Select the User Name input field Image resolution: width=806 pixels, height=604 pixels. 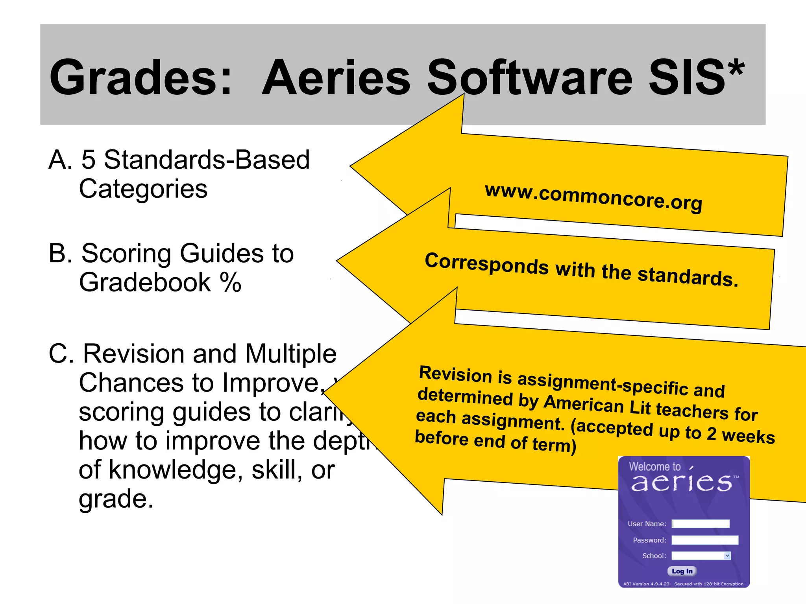pos(701,523)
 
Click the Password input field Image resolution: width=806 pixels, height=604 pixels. pos(704,540)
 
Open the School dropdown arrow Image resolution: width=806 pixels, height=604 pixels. pos(727,556)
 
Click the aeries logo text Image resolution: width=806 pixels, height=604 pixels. pos(682,482)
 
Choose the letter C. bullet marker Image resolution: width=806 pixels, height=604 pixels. pos(61,354)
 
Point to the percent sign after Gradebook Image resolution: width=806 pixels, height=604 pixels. pos(230,282)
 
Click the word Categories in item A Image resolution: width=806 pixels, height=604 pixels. pos(143,189)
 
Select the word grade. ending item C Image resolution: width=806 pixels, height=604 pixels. pos(116,498)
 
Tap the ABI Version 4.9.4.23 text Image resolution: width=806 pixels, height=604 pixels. pos(646,584)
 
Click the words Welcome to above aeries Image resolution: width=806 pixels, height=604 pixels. pos(654,466)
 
